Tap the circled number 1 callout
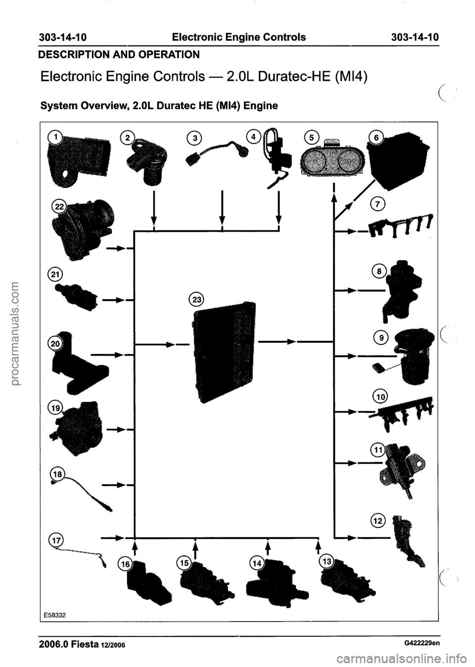[57, 136]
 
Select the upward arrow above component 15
[195, 548]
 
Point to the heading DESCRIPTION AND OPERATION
[118, 53]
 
